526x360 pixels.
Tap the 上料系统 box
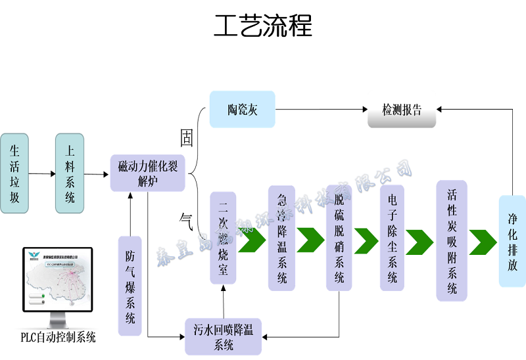click(x=70, y=173)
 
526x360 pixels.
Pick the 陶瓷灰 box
click(x=242, y=109)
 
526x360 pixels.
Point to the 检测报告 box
click(x=402, y=109)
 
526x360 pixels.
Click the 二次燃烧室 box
click(x=223, y=238)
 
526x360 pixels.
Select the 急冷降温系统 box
click(x=281, y=238)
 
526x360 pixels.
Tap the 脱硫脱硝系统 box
click(x=339, y=238)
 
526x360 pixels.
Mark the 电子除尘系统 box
click(x=392, y=238)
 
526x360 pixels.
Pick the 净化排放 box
click(x=512, y=241)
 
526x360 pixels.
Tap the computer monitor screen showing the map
click(x=58, y=281)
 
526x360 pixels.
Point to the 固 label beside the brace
click(x=187, y=138)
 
